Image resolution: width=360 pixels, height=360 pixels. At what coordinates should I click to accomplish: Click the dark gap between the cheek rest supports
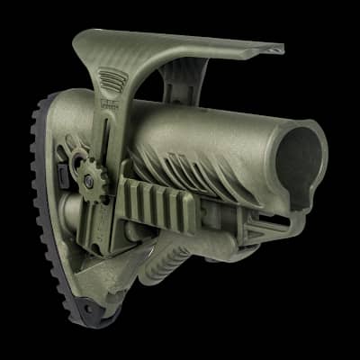153,76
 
